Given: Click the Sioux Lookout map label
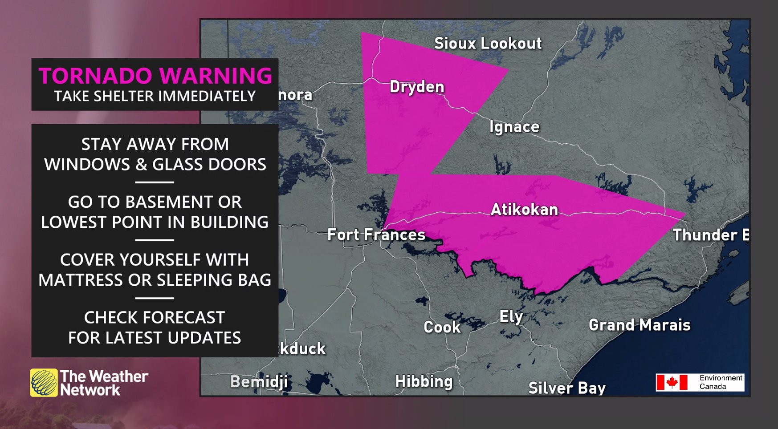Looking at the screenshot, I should [x=488, y=43].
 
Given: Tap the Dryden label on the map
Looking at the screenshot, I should [x=417, y=87].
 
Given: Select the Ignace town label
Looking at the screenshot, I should [x=514, y=127].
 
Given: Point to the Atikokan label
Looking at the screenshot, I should [x=524, y=210].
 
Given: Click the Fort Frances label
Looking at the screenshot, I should [x=376, y=235].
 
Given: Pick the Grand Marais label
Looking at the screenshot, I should [x=640, y=325].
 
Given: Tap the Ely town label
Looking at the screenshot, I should [x=511, y=317].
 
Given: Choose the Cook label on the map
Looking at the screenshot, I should [x=442, y=327].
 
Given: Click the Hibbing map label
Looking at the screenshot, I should [x=424, y=381].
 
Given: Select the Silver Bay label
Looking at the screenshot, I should [x=567, y=388].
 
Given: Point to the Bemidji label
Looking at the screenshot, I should [x=259, y=382].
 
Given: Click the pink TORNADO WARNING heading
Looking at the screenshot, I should [x=155, y=76].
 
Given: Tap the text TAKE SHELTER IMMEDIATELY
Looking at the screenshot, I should [x=155, y=96].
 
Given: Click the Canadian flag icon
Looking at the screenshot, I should [x=672, y=382].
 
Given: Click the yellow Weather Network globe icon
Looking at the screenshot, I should [x=44, y=382].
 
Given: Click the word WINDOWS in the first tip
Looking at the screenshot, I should [x=87, y=165].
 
